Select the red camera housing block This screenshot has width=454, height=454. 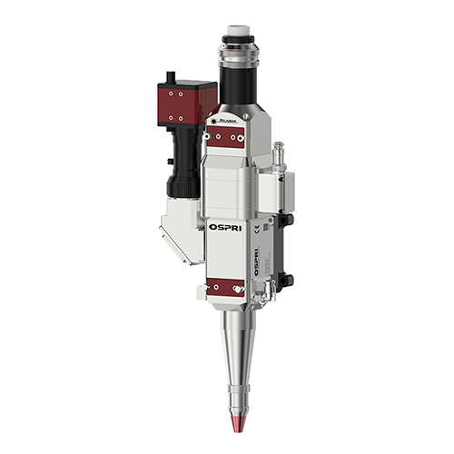[x=185, y=99]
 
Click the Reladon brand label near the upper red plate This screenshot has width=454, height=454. [x=227, y=117]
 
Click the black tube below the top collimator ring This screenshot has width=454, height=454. [x=235, y=86]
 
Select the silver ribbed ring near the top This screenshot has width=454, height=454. [x=234, y=51]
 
